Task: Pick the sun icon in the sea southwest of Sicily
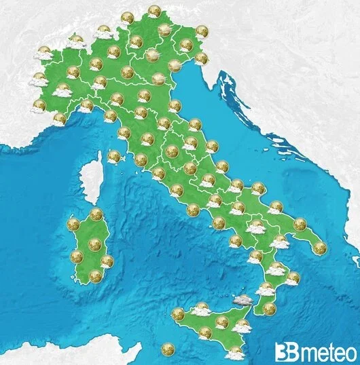(x=168, y=349)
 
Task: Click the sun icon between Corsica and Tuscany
(x=113, y=157)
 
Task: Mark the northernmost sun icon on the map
(x=154, y=11)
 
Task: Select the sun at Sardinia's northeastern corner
(x=96, y=215)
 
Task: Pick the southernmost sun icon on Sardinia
(x=95, y=275)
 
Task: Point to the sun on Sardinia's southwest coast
(x=77, y=256)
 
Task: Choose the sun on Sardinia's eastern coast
(x=107, y=261)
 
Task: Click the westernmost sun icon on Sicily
(x=178, y=314)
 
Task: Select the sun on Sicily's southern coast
(x=205, y=332)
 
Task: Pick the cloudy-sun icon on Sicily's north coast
(x=201, y=309)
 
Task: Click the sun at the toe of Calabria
(x=270, y=309)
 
